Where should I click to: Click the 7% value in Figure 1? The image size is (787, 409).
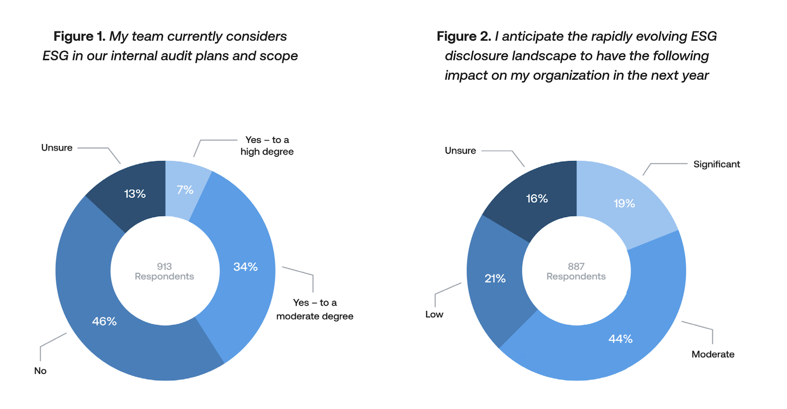coord(185,190)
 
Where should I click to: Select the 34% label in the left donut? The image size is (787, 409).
coord(245,267)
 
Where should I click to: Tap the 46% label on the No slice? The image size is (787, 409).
coord(104,321)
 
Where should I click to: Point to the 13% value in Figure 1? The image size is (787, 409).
coord(135,194)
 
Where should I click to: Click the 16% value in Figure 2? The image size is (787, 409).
coord(537,199)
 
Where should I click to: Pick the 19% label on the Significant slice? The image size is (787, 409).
coord(624,204)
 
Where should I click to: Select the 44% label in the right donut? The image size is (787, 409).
coord(620,339)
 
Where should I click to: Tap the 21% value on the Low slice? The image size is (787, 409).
coord(495,279)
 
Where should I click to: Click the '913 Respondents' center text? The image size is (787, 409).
coord(164,271)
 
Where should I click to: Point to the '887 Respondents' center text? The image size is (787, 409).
coord(576,271)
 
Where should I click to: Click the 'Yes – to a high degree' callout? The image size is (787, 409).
coord(267,146)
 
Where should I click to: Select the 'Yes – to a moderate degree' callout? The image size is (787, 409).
coord(315,309)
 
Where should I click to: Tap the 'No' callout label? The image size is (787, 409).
coord(40,371)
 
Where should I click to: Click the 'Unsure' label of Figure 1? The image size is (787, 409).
coord(57,148)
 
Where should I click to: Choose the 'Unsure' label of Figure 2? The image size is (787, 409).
coord(460,150)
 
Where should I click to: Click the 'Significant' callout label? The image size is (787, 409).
coord(716,164)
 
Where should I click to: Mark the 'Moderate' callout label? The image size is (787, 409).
coord(713,354)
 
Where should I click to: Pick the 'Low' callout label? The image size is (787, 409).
coord(434,315)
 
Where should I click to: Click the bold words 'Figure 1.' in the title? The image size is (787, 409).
coord(79,37)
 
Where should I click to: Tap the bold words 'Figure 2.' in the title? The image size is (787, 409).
coord(464,37)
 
